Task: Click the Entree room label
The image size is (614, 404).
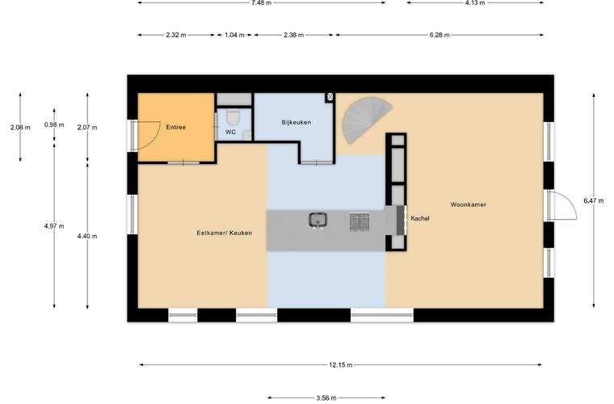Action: tap(176, 127)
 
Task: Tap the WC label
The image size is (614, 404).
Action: tap(230, 133)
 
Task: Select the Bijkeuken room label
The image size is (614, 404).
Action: tap(296, 123)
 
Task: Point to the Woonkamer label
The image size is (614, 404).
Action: tap(468, 204)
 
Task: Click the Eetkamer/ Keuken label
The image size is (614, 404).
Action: tap(225, 233)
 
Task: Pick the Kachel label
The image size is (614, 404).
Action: tap(420, 218)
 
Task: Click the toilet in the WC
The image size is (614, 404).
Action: tap(233, 116)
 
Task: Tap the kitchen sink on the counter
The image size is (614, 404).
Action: tap(318, 220)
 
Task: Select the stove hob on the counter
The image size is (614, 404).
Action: tap(360, 221)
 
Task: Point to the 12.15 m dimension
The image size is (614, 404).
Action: tap(341, 365)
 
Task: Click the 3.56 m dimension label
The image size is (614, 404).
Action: tap(326, 398)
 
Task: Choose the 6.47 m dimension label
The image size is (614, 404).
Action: tap(594, 201)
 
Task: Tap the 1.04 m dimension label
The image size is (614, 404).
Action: tap(234, 35)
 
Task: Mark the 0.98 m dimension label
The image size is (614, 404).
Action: tap(54, 125)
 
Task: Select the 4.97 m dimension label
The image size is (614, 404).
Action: tap(54, 226)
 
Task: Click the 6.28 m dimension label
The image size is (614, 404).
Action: tap(439, 35)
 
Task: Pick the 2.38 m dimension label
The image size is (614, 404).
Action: tap(294, 35)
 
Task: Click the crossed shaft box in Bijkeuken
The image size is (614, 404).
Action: tap(330, 97)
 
